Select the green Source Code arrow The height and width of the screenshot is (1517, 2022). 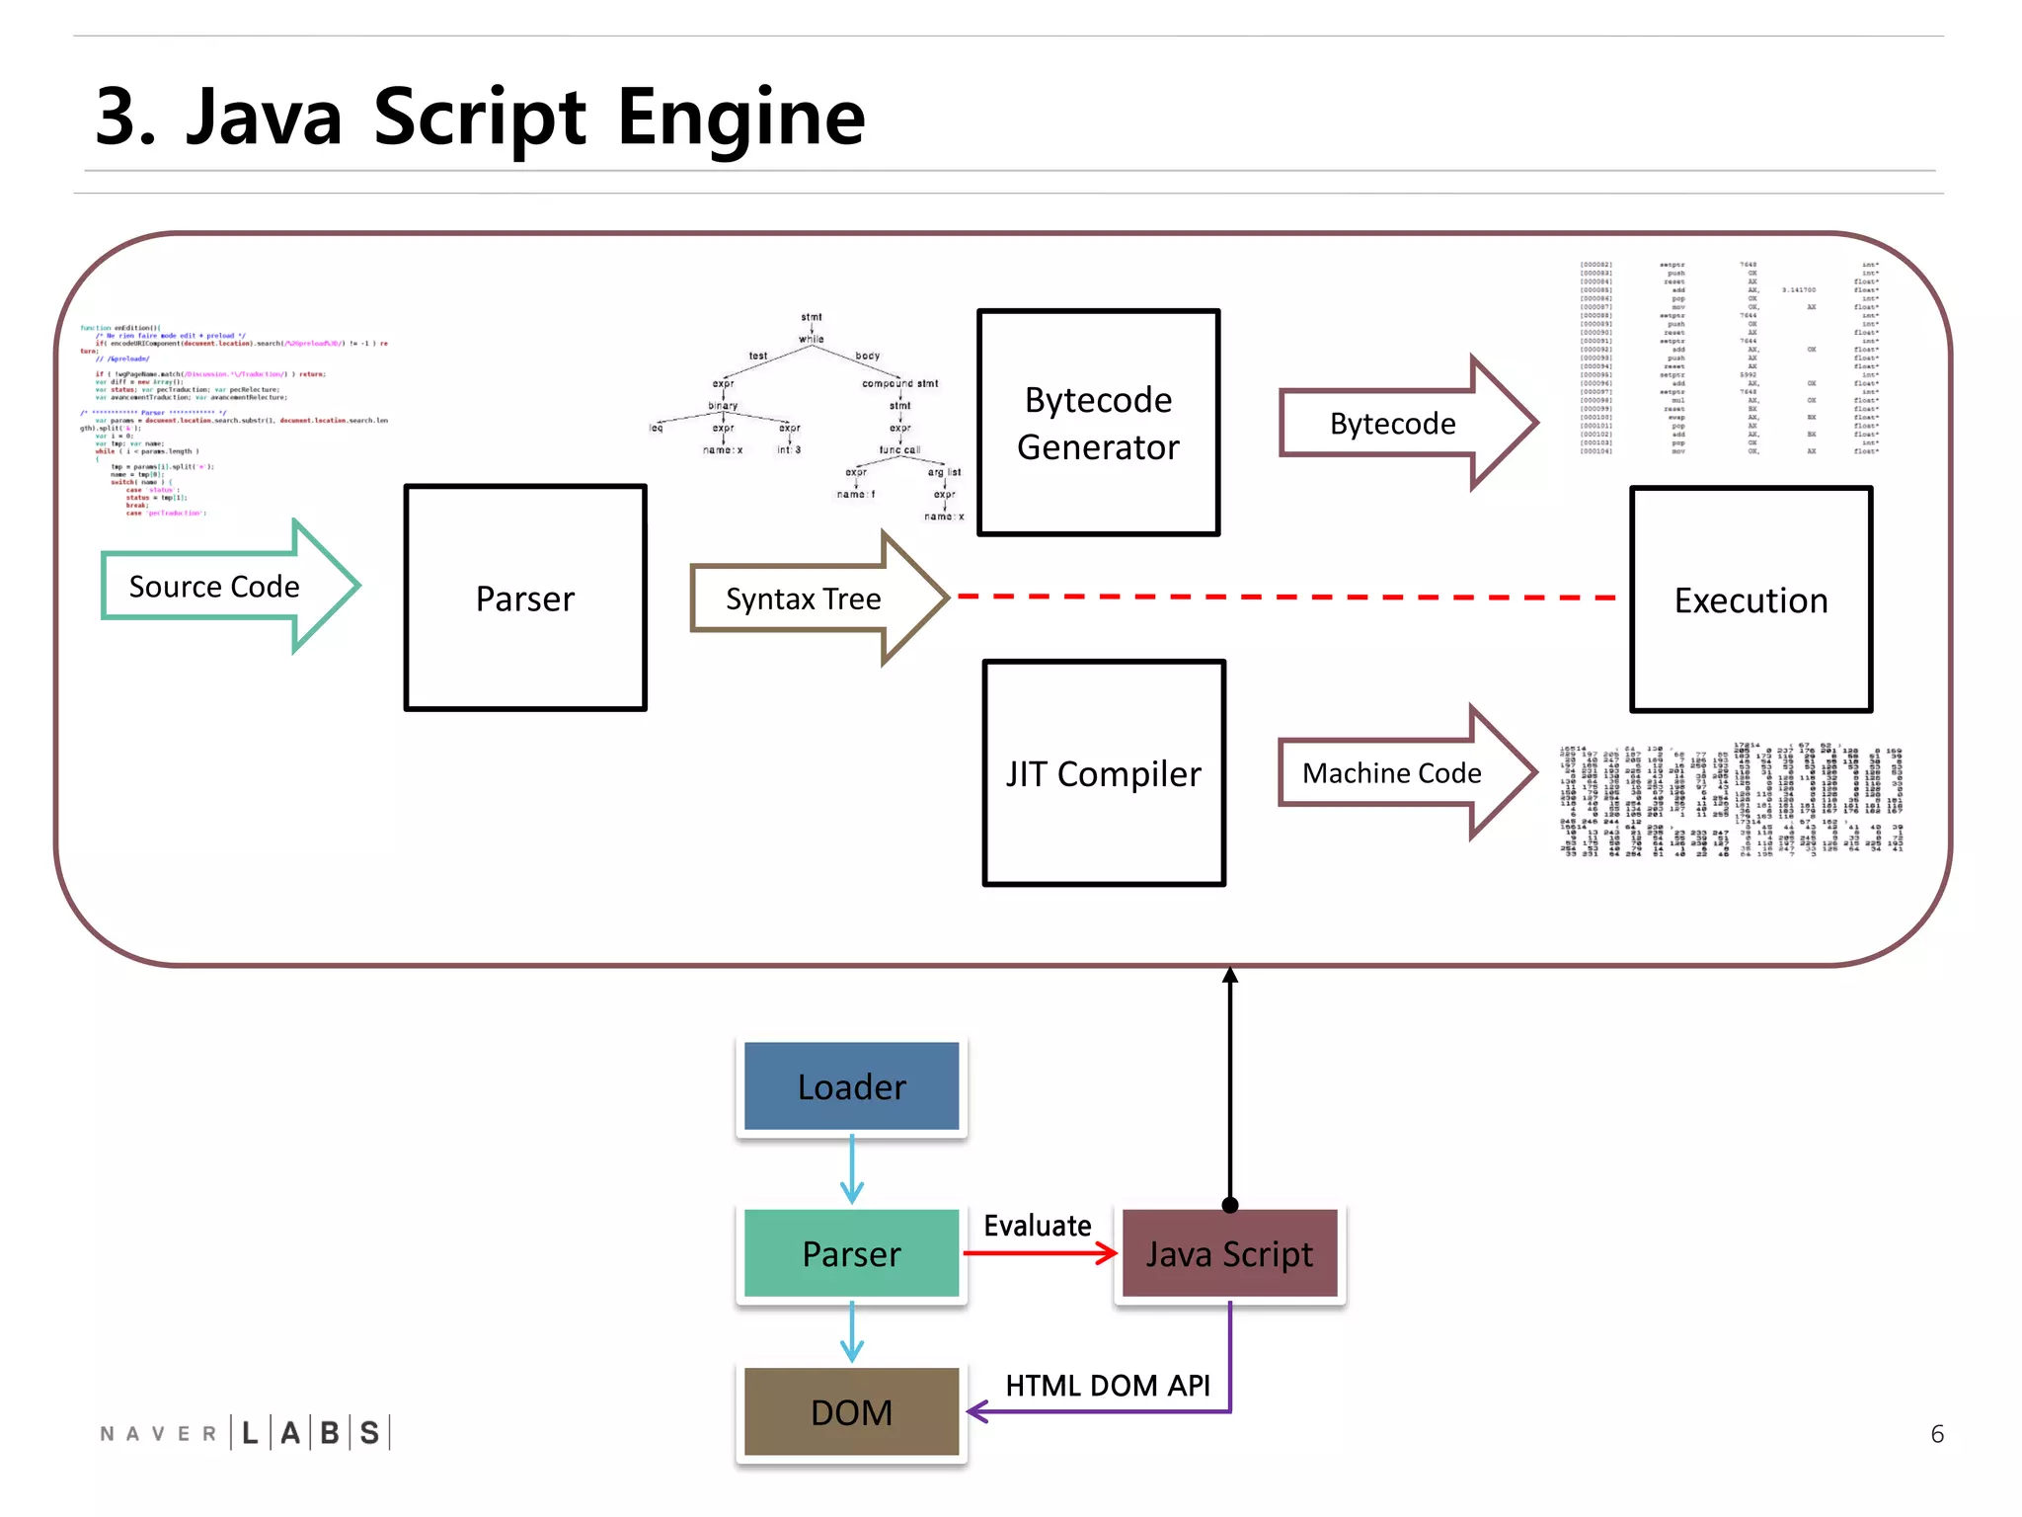tap(215, 587)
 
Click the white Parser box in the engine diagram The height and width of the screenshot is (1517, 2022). tap(525, 599)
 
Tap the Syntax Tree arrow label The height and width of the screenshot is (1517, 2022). tap(803, 599)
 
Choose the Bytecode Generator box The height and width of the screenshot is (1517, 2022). tap(1098, 423)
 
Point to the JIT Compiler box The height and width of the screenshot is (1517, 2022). tap(1104, 773)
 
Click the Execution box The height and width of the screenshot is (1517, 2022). tap(1750, 599)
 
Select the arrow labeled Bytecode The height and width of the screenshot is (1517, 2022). tap(1392, 423)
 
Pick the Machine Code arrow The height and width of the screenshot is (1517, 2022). tap(1392, 772)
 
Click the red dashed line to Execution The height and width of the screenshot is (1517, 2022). tap(1283, 597)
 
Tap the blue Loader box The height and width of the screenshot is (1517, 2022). tap(851, 1086)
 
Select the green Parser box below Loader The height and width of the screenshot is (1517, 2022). tap(851, 1253)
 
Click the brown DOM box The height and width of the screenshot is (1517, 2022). tap(851, 1412)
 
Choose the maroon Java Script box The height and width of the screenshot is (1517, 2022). tap(1229, 1253)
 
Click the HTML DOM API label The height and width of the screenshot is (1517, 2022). tap(1107, 1385)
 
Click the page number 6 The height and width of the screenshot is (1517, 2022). tap(1937, 1434)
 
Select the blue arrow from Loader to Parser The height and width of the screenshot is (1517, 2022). tap(852, 1170)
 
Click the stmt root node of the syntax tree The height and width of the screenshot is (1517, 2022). tap(812, 317)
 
